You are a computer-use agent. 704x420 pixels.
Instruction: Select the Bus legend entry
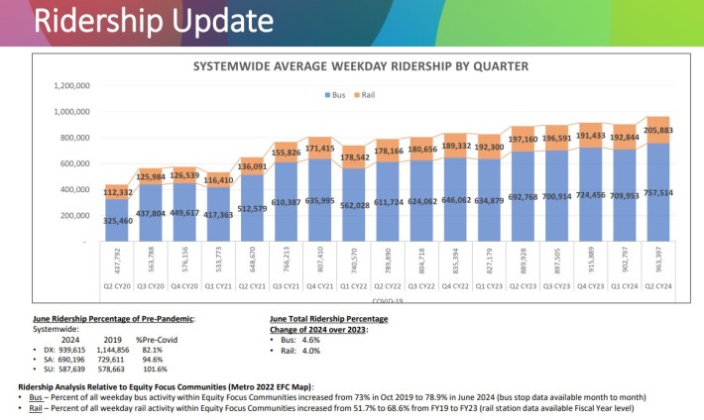(333, 94)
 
